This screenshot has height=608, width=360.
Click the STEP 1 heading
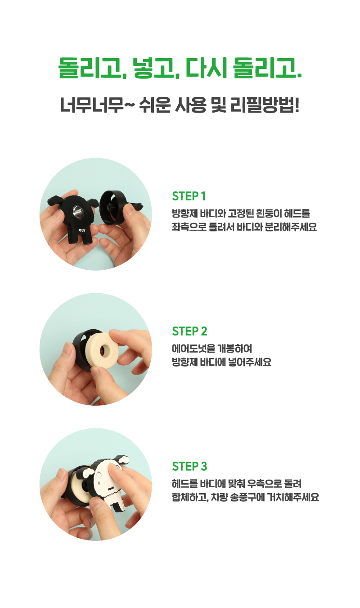(x=189, y=196)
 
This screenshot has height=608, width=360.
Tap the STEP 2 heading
(x=189, y=331)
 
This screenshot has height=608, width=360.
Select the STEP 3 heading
(x=189, y=466)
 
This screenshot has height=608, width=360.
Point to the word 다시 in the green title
(x=207, y=68)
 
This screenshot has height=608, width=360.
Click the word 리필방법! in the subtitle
(x=265, y=105)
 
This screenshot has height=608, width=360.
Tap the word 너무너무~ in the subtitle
(x=97, y=105)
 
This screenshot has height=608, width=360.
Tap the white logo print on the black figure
(x=82, y=231)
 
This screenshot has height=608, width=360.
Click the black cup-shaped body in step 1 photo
(x=112, y=208)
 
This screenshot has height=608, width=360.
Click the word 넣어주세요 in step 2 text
(x=250, y=362)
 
